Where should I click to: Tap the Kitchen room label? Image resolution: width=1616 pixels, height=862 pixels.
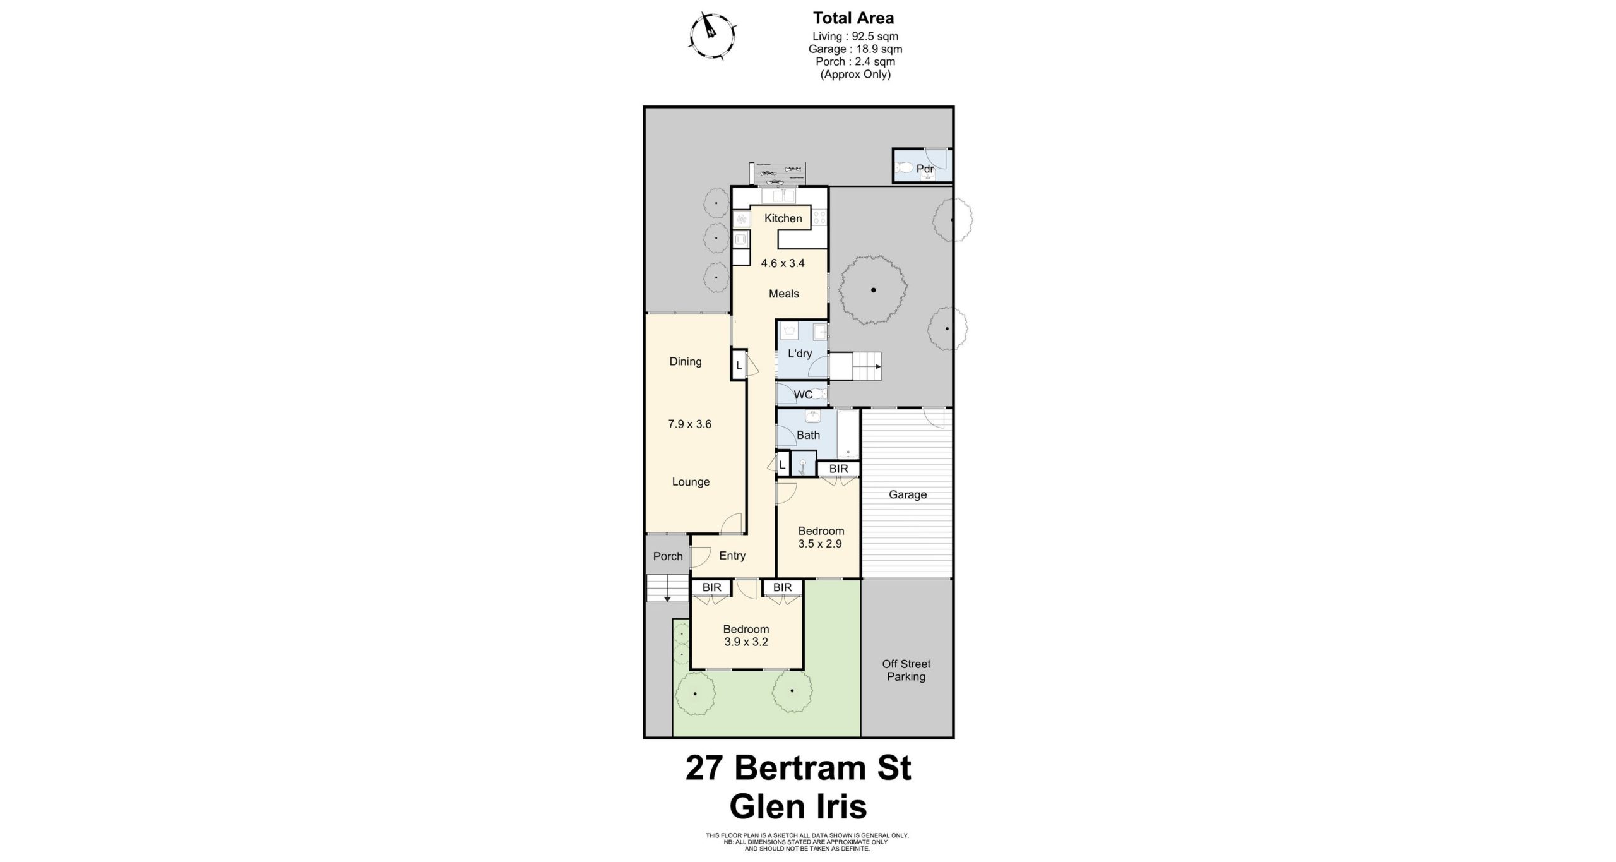(x=783, y=218)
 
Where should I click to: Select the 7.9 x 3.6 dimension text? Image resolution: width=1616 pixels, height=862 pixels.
(x=689, y=424)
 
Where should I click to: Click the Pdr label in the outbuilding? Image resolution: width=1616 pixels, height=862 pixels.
(x=925, y=169)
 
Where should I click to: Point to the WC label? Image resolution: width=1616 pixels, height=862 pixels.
(x=803, y=395)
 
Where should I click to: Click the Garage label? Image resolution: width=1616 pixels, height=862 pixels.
(x=908, y=494)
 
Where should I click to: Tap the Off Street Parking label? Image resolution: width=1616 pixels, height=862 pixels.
(x=906, y=670)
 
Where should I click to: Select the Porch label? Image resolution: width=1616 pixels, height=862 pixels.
(x=668, y=556)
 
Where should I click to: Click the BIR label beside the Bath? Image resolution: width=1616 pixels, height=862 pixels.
(x=838, y=469)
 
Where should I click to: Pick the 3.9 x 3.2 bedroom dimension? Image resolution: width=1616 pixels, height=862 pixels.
(x=746, y=642)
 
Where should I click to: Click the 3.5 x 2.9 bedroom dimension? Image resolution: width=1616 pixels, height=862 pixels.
(x=820, y=544)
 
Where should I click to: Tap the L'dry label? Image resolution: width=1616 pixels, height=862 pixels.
(x=799, y=354)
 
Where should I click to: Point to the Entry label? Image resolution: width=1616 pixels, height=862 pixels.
(x=732, y=556)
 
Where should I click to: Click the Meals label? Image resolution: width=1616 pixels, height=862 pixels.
(x=784, y=294)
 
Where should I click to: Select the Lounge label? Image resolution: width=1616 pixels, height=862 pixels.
(x=691, y=482)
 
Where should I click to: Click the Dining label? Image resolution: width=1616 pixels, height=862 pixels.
(x=686, y=362)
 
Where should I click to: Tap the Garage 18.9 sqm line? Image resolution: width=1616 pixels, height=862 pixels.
(x=855, y=49)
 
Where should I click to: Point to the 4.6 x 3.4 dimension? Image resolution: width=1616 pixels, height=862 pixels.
(x=783, y=263)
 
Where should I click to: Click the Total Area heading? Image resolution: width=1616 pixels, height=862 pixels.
(x=853, y=18)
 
